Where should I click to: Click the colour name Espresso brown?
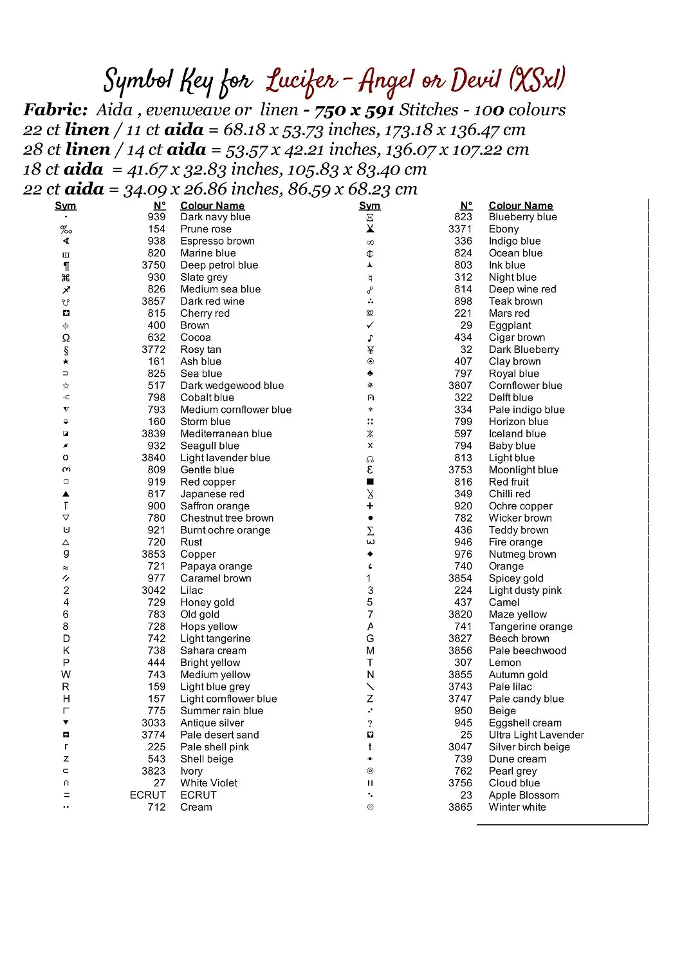click(x=217, y=241)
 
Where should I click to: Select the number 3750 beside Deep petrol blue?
click(x=154, y=265)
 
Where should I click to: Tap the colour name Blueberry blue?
click(x=522, y=217)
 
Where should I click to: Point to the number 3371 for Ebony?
click(x=460, y=229)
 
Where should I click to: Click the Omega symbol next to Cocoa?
click(x=66, y=338)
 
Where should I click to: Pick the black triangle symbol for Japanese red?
click(x=66, y=494)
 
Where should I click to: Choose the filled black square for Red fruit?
click(x=370, y=482)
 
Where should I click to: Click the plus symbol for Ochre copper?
click(x=370, y=506)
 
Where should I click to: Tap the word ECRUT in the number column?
click(x=147, y=795)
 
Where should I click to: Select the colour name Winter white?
click(x=517, y=808)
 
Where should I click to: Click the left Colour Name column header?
click(x=212, y=206)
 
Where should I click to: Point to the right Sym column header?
click(x=369, y=206)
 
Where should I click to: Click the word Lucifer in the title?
click(x=302, y=82)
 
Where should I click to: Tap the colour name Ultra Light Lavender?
click(x=536, y=735)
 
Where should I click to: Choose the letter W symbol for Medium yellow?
click(x=66, y=675)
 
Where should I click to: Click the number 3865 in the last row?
click(x=460, y=808)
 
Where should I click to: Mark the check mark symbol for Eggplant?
click(x=370, y=326)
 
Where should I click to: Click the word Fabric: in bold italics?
click(x=55, y=110)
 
